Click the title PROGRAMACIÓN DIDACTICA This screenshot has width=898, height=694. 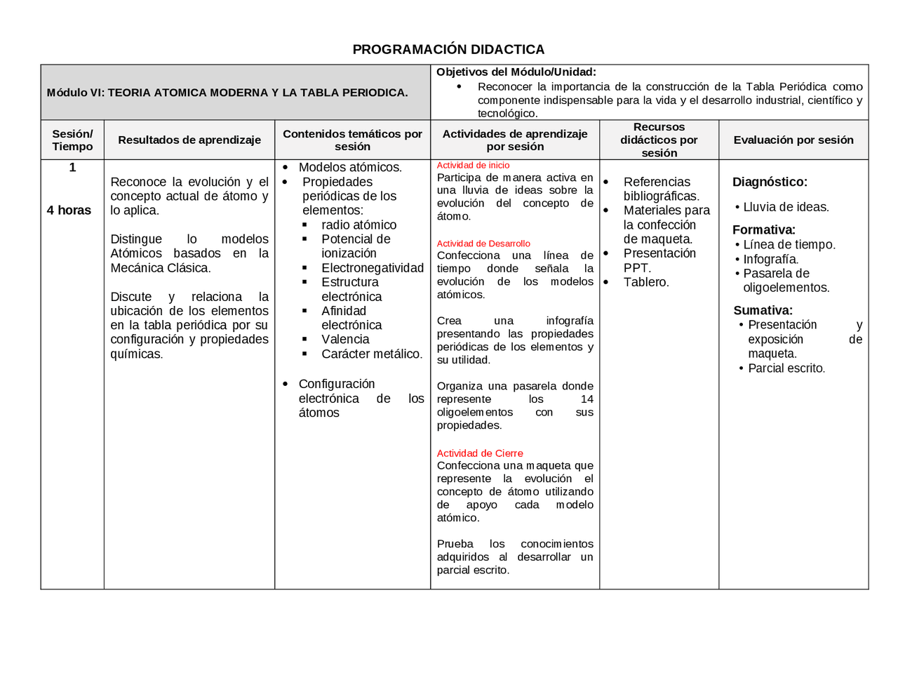pyautogui.click(x=448, y=49)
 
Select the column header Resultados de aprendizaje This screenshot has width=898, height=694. pyautogui.click(x=189, y=140)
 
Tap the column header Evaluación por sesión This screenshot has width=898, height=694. pyautogui.click(x=793, y=140)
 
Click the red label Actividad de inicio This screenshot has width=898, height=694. pyautogui.click(x=473, y=166)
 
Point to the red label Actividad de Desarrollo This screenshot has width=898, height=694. pyautogui.click(x=483, y=243)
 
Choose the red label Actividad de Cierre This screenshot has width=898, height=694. pyautogui.click(x=480, y=453)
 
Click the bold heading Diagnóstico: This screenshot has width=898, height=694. pyautogui.click(x=770, y=182)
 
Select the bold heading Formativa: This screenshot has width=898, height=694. pyautogui.click(x=763, y=229)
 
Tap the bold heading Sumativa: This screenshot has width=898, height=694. pyautogui.click(x=763, y=310)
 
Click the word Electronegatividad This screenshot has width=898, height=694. pyautogui.click(x=373, y=268)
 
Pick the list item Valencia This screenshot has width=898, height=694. pyautogui.click(x=345, y=339)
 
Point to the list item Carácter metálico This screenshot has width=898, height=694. pyautogui.click(x=372, y=354)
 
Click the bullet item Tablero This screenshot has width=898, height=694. pyautogui.click(x=646, y=282)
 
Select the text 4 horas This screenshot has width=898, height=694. pyautogui.click(x=69, y=210)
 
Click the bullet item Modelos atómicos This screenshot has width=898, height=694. pyautogui.click(x=350, y=167)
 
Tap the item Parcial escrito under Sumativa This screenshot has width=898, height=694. pyautogui.click(x=786, y=368)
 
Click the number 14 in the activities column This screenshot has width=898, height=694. pyautogui.click(x=587, y=399)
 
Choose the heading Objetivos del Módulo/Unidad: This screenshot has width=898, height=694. pyautogui.click(x=516, y=72)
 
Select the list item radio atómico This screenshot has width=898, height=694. pyautogui.click(x=358, y=225)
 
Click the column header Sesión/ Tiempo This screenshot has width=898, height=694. pyautogui.click(x=72, y=140)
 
